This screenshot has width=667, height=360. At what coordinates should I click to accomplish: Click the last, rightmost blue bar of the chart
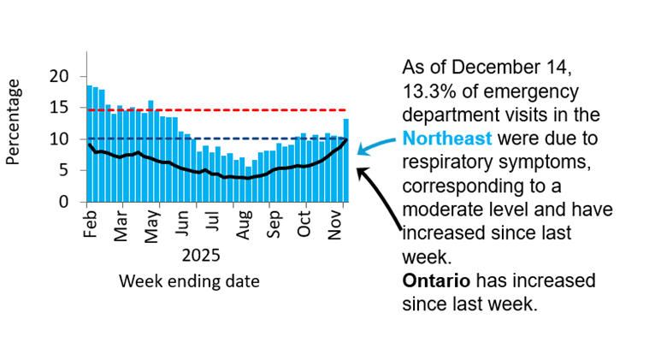346,161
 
